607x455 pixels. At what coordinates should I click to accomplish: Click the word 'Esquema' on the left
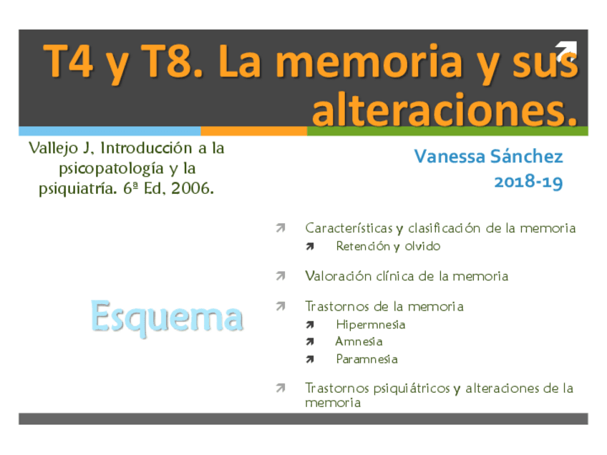(167, 315)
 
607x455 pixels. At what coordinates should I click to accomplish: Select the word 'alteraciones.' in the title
(444, 109)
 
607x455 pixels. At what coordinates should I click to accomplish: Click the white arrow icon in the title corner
(565, 50)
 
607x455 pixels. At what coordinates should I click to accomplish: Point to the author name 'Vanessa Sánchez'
(488, 156)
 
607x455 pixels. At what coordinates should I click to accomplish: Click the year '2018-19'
(528, 182)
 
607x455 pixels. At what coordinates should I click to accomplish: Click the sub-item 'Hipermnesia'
(370, 324)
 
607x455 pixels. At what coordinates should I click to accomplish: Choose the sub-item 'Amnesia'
(359, 341)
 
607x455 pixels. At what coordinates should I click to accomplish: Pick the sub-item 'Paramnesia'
(366, 358)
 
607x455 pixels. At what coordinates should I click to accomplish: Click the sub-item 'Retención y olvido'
(388, 246)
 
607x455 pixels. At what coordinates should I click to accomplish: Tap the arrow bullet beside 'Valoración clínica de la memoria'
(281, 275)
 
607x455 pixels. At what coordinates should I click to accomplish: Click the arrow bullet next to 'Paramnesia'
(310, 359)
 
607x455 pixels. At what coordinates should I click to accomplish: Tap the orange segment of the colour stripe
(253, 131)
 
